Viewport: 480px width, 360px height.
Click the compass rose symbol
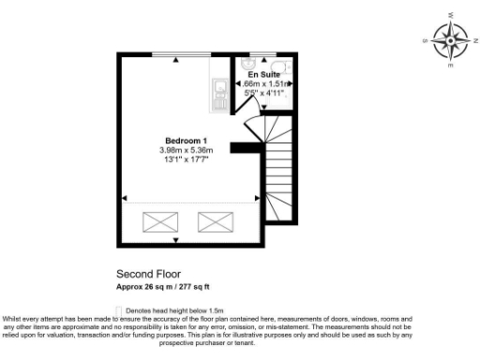tap(451, 40)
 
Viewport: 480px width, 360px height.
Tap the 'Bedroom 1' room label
tap(187, 142)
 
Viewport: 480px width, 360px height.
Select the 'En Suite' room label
tap(264, 73)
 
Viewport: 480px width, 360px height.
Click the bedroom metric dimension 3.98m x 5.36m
tap(187, 151)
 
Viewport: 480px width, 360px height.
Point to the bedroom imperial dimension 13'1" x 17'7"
tap(187, 160)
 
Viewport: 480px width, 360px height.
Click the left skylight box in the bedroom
tap(159, 222)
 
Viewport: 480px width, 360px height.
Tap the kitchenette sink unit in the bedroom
tap(220, 91)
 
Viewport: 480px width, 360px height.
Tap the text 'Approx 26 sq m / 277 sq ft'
tap(169, 286)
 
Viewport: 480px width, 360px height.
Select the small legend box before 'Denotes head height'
tap(118, 308)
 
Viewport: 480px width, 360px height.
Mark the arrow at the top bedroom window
tap(179, 59)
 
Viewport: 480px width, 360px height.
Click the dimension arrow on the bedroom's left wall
tap(123, 198)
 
